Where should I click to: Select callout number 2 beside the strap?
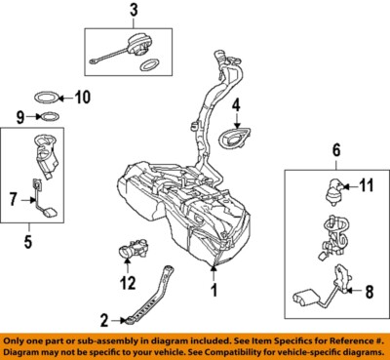tap(102, 317)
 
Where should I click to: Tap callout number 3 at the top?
tap(134, 11)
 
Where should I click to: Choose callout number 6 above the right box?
tap(336, 151)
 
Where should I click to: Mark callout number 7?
tap(14, 199)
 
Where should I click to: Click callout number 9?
tap(19, 117)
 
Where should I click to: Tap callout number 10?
tap(82, 97)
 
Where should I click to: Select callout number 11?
tap(368, 184)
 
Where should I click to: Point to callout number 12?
tap(125, 284)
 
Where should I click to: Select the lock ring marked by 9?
tap(46, 118)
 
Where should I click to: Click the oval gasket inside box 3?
tap(151, 65)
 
